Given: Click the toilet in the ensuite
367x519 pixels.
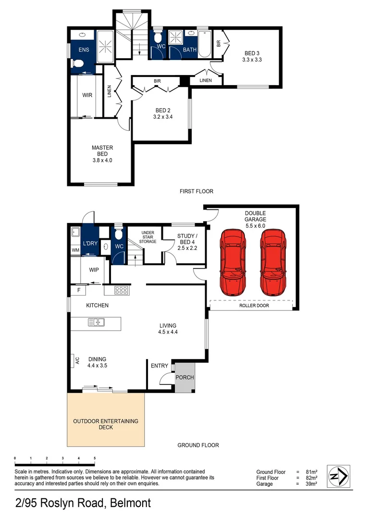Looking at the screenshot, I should (76, 63).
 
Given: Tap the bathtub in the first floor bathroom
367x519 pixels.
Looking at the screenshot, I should (205, 44).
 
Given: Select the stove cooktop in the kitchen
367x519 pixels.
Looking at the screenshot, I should (121, 290).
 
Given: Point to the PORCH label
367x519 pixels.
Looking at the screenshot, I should (184, 377).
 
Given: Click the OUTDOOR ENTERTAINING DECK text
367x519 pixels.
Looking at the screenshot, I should (105, 424).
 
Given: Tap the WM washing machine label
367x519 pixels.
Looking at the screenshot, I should (75, 250).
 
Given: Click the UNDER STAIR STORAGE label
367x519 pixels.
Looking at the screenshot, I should (148, 238).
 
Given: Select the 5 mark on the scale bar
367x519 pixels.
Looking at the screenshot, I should (95, 458).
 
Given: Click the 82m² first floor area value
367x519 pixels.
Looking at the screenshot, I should (311, 478).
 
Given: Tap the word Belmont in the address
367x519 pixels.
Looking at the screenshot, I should (130, 503).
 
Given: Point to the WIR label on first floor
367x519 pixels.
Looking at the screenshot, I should (87, 95).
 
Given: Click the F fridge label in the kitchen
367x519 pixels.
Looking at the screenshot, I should (78, 290).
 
